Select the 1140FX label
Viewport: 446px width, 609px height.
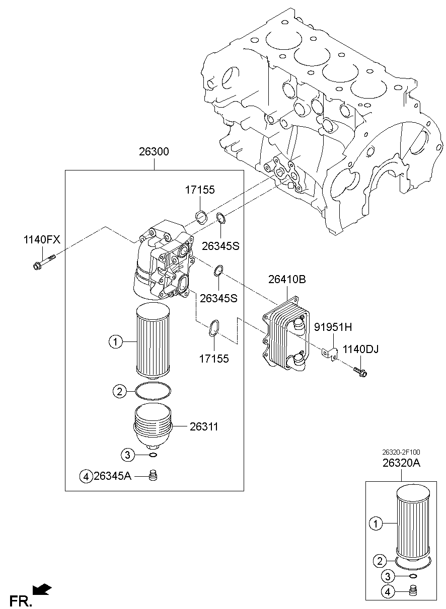click(x=42, y=240)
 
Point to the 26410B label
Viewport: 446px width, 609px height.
click(x=287, y=280)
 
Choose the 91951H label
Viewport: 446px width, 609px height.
click(x=333, y=327)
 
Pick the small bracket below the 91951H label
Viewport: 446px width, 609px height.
click(x=329, y=353)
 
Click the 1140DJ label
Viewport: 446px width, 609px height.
click(x=361, y=349)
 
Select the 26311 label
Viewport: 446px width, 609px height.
click(x=204, y=426)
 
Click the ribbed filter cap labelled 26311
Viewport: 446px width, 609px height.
click(x=154, y=425)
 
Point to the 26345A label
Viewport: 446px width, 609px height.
click(x=112, y=476)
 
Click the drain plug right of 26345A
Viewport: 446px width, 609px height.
click(x=154, y=475)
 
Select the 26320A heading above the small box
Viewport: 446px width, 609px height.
click(x=401, y=464)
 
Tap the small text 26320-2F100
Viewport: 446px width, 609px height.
click(x=401, y=452)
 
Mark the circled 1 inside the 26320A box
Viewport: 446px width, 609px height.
click(x=375, y=524)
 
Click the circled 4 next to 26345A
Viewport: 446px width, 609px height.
click(x=86, y=476)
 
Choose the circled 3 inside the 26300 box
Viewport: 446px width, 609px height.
click(x=128, y=455)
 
